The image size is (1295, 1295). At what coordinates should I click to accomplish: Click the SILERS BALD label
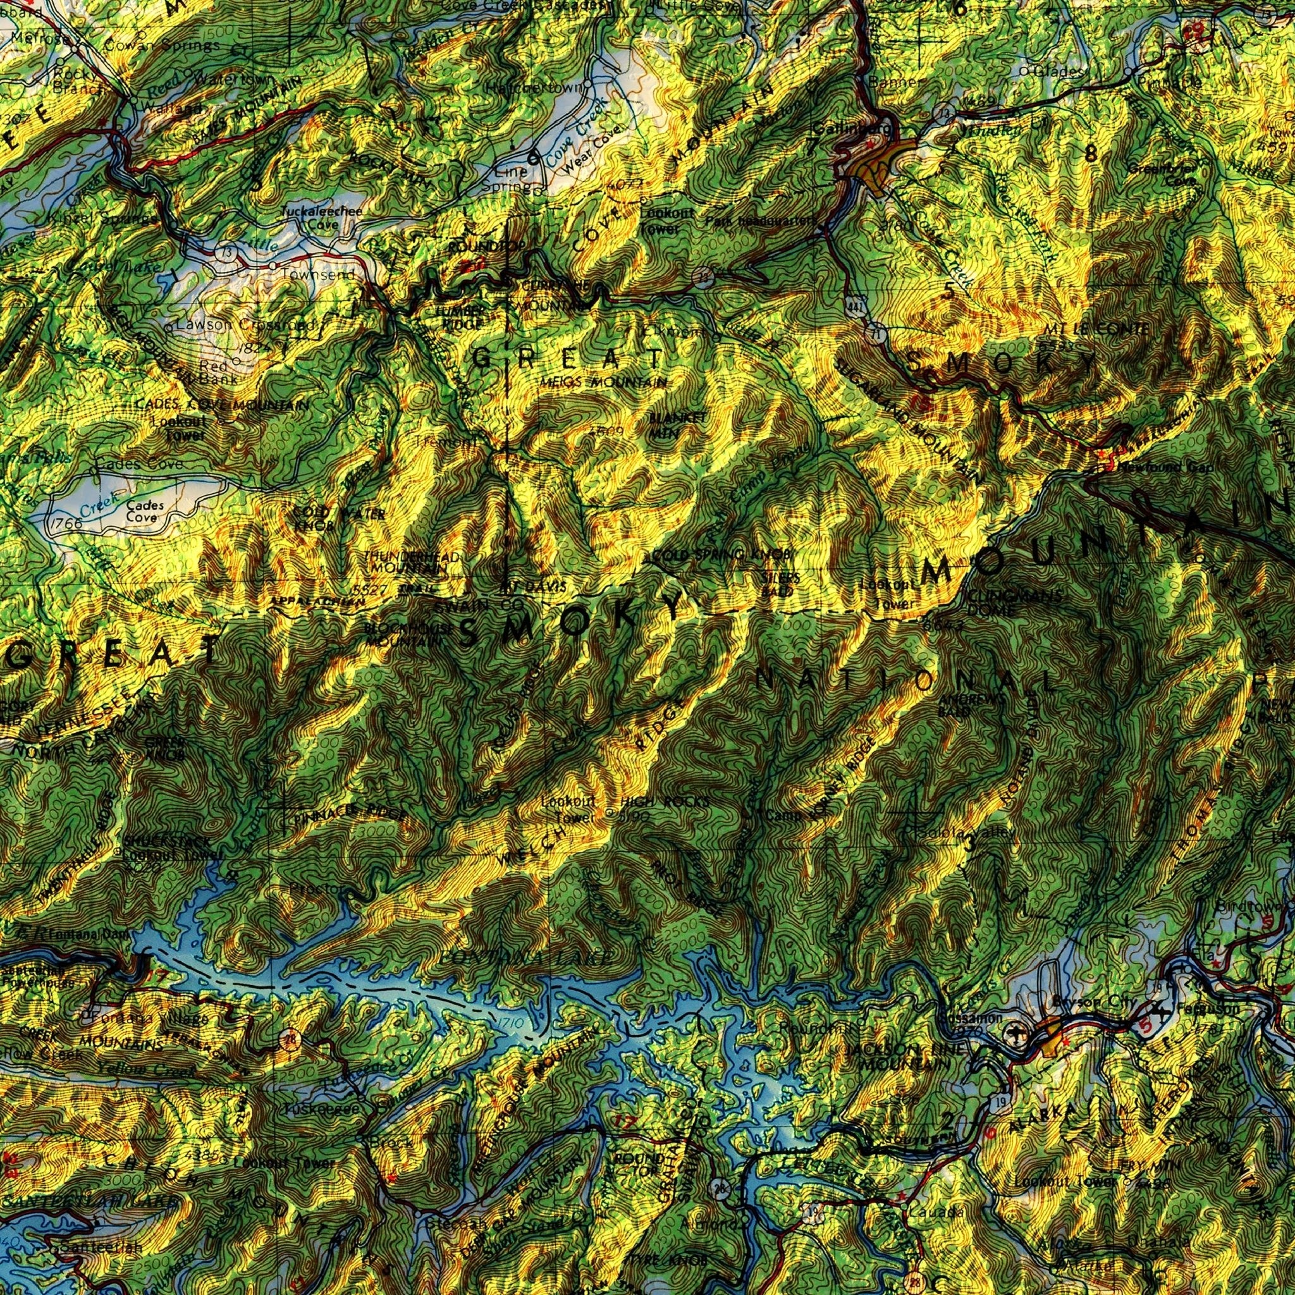(x=779, y=584)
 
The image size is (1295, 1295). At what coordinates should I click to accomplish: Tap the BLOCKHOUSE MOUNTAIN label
(x=404, y=634)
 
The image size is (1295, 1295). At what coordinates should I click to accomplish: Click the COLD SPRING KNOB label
(x=719, y=555)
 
